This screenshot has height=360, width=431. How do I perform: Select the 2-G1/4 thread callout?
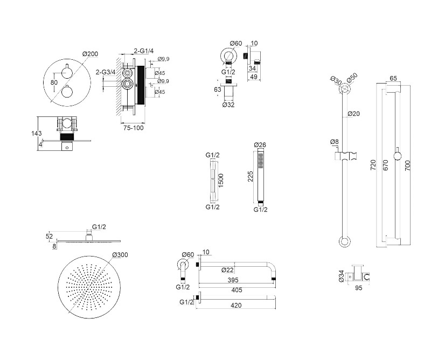144,51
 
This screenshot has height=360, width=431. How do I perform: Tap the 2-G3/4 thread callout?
106,72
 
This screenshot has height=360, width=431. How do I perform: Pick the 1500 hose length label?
220,179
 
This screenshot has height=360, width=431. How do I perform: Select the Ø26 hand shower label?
260,146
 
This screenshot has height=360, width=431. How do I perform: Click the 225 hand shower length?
250,177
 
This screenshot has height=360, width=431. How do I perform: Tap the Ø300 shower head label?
120,255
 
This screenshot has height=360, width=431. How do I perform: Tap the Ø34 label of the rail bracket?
340,276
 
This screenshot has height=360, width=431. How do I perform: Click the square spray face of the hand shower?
260,160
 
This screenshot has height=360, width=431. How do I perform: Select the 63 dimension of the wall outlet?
218,89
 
